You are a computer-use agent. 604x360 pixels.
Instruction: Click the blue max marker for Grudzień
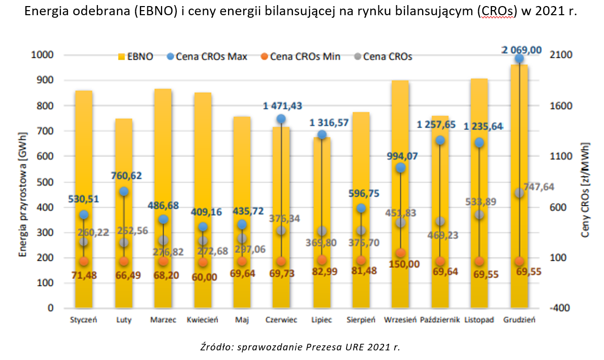click(x=519, y=58)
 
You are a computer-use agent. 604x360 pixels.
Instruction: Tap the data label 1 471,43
click(x=282, y=106)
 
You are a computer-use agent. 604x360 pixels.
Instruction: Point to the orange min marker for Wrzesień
click(x=400, y=253)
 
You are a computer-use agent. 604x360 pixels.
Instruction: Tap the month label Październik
click(x=440, y=320)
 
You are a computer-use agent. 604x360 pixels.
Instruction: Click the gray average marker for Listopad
click(x=479, y=215)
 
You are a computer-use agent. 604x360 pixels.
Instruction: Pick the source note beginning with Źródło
click(x=300, y=347)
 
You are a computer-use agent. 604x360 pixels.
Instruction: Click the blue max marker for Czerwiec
click(x=281, y=119)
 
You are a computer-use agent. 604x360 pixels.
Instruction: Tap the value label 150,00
click(x=400, y=264)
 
